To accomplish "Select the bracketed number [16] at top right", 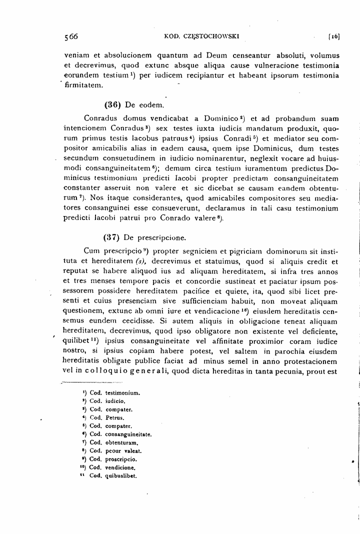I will [x=333, y=36].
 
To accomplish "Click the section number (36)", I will [x=112, y=105].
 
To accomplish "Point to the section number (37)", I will [x=112, y=237].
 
